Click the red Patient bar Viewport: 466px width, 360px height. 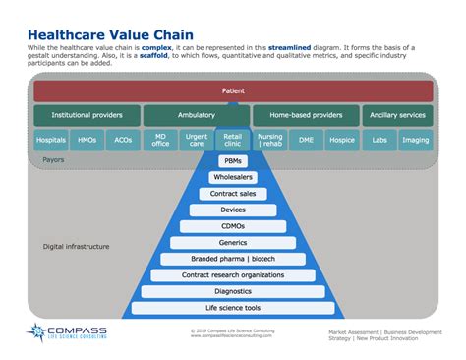coord(233,91)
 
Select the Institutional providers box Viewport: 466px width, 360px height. coord(87,116)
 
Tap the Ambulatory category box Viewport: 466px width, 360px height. coord(197,116)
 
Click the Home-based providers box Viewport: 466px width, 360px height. coord(305,116)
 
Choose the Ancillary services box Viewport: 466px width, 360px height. coord(397,116)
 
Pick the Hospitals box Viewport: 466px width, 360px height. coord(51,141)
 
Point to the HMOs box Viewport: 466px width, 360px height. coord(87,141)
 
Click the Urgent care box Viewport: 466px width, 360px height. coord(197,141)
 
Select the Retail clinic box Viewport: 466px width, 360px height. coord(232,141)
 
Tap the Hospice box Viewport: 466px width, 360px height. coord(341,141)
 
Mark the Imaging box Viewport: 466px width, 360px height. coord(414,141)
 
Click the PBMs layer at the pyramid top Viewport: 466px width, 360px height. coord(233,161)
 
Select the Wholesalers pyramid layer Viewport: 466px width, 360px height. coord(233,178)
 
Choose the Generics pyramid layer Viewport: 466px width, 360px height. coord(233,242)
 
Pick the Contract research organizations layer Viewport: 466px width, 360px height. coord(233,274)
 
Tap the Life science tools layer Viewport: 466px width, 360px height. coord(233,307)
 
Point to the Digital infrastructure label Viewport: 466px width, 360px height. coord(75,246)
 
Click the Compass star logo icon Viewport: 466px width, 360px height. coord(37,334)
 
